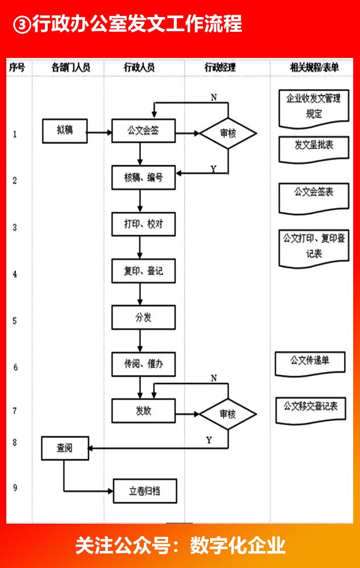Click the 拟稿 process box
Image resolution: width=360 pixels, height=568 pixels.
[64, 131]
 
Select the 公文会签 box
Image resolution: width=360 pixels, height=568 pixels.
[143, 131]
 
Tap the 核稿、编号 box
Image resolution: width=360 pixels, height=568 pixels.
[143, 178]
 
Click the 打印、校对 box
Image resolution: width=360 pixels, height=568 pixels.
[143, 224]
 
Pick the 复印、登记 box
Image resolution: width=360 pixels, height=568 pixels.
[143, 271]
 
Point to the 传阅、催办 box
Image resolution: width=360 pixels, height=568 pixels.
[143, 364]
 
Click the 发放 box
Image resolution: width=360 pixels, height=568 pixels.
[143, 411]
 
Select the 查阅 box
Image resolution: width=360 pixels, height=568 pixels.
[64, 448]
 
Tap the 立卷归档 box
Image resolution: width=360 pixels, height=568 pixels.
[145, 491]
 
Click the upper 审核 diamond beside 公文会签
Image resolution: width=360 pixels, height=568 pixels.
[228, 133]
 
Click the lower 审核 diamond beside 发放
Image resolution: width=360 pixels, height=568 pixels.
[228, 414]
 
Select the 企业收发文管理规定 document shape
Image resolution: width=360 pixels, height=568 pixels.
[314, 106]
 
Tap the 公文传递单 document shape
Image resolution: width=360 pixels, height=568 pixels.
[310, 362]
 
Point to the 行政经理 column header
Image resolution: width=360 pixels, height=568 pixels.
[220, 68]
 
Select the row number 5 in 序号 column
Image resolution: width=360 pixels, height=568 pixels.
[15, 321]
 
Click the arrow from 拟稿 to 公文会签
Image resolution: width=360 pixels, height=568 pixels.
[99, 133]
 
